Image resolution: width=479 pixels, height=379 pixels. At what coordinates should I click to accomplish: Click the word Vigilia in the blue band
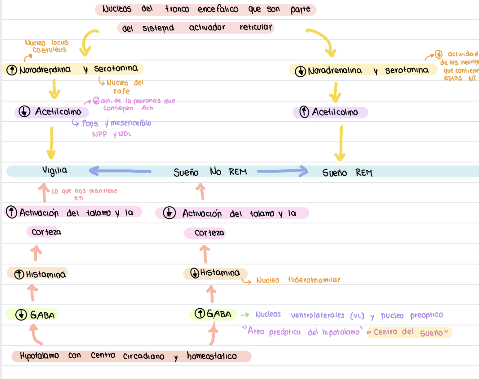click(x=54, y=171)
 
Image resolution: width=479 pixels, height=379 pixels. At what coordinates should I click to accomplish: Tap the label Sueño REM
click(x=347, y=173)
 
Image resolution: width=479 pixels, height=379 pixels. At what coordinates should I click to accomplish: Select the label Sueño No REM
click(x=210, y=172)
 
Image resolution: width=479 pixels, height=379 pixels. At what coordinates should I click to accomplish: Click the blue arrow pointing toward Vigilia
click(x=120, y=171)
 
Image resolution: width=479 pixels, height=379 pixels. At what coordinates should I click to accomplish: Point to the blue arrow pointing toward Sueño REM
click(x=283, y=171)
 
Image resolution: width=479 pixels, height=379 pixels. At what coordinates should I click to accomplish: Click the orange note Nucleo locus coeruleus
click(x=47, y=46)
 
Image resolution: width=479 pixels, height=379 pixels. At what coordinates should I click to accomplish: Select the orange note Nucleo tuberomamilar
click(x=298, y=280)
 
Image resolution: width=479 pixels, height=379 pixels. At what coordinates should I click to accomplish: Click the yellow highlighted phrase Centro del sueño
click(x=409, y=332)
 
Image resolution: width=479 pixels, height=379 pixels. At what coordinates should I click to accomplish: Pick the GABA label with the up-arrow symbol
click(x=213, y=314)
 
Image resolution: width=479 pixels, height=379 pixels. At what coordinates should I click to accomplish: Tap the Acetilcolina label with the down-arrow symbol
click(x=52, y=112)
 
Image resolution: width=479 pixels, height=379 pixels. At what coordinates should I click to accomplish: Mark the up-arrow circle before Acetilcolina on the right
click(x=304, y=112)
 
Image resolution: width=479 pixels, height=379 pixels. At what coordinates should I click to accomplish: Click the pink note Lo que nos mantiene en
click(x=84, y=194)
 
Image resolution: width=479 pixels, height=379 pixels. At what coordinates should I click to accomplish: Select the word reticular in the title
click(x=256, y=27)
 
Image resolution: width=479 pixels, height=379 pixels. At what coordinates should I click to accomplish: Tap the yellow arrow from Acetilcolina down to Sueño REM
click(x=340, y=144)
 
